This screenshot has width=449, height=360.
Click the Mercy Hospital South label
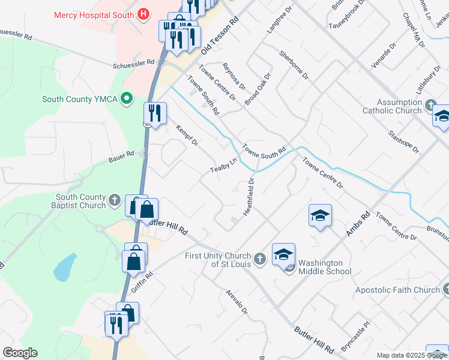click(93, 15)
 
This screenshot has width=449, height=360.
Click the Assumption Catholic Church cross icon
click(430, 106)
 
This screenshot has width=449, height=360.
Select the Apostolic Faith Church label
click(397, 290)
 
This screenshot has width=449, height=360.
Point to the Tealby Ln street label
click(224, 166)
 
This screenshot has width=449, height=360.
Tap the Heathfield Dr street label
click(249, 197)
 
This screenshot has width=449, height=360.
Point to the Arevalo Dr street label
click(237, 302)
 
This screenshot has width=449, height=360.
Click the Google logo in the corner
click(20, 353)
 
